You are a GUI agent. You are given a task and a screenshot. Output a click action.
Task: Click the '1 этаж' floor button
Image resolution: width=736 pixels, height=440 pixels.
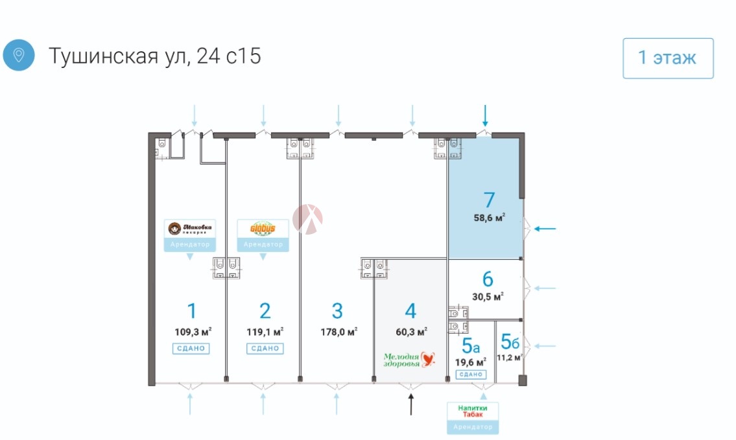[668, 58]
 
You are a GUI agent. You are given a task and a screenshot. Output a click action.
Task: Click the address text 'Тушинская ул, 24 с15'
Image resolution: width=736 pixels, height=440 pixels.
[154, 56]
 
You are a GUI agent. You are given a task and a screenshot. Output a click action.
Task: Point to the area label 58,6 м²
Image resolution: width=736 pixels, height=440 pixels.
[490, 218]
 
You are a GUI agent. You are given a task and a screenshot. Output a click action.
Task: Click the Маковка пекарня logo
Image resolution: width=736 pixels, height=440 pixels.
[190, 229]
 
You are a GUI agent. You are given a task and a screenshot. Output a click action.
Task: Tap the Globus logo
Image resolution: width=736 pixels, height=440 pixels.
[263, 229]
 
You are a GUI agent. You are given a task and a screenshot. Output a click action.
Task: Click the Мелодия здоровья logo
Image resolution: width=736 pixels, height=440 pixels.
[409, 360]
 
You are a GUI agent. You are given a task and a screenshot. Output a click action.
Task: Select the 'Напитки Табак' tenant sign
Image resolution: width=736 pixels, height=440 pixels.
[473, 411]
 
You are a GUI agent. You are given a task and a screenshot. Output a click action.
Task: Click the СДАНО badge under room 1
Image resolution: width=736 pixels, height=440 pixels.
[191, 349]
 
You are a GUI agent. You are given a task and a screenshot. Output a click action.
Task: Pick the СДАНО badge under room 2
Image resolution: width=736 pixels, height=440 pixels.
[264, 349]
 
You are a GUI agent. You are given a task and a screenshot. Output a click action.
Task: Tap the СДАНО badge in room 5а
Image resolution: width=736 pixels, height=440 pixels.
[471, 375]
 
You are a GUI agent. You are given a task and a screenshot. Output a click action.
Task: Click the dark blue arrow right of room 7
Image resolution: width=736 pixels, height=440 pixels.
[546, 228]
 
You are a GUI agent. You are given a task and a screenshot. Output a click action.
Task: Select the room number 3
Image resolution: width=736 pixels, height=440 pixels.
[337, 311]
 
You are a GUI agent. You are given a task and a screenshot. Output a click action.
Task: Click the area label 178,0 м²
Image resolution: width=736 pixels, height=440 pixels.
[339, 332]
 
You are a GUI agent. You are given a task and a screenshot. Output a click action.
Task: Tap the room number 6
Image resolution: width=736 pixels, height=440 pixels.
[488, 279]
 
